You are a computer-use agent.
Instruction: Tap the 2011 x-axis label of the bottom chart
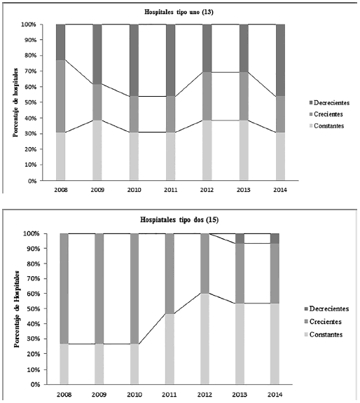tap(170, 395)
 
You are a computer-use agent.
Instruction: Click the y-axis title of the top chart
tap(15, 102)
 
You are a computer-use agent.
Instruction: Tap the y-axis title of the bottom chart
tap(15, 308)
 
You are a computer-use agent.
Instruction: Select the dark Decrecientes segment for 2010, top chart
tap(134, 60)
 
